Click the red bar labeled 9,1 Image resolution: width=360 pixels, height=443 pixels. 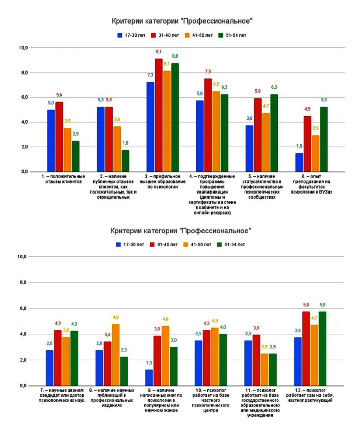click(x=159, y=115)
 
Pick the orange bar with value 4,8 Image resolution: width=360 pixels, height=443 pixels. click(x=116, y=355)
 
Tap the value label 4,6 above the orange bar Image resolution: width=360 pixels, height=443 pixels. click(x=166, y=319)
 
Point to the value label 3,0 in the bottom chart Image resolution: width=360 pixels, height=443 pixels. click(x=174, y=340)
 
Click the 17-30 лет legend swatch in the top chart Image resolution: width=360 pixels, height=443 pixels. click(x=119, y=35)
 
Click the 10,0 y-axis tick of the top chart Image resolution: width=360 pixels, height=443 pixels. click(x=24, y=48)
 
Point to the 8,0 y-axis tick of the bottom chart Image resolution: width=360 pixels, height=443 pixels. click(x=24, y=282)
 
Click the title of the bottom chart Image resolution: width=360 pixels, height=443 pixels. click(x=181, y=231)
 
